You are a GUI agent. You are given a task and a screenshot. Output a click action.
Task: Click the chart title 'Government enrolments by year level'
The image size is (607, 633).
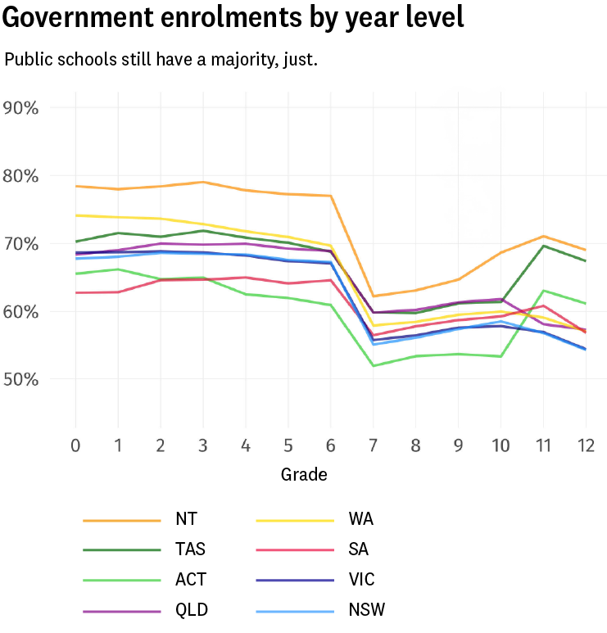(x=233, y=17)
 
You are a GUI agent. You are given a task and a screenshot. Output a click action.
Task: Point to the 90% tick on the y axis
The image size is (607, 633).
(x=27, y=107)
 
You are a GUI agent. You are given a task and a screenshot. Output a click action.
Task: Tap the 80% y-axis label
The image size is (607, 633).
(x=27, y=175)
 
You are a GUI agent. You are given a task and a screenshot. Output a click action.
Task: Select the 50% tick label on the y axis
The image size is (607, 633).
(x=27, y=379)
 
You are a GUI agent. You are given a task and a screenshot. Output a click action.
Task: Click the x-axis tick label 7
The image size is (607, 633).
(x=373, y=445)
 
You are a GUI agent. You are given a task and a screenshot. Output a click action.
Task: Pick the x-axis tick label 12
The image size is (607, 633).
(x=585, y=445)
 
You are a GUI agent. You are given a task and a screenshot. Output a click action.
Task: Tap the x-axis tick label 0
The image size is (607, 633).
(x=75, y=445)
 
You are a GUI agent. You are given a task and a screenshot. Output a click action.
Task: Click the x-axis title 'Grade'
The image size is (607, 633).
(x=304, y=474)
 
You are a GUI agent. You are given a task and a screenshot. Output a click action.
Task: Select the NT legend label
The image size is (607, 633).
(x=186, y=518)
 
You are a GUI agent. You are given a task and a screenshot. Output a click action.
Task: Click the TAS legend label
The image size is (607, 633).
(x=190, y=549)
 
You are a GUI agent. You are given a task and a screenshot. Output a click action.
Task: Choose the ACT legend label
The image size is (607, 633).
(x=191, y=580)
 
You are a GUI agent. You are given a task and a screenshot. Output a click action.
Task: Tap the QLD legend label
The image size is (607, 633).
(x=192, y=610)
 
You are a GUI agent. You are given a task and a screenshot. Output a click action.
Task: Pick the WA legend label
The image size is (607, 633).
(x=361, y=518)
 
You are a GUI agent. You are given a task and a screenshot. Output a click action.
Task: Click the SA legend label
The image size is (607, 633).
(x=359, y=549)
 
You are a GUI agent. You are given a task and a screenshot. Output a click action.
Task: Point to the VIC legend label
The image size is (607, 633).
(x=361, y=580)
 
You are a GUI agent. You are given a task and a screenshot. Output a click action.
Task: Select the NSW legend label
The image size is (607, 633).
(x=366, y=610)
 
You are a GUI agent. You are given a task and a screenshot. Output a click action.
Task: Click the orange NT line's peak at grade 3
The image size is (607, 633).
(x=203, y=182)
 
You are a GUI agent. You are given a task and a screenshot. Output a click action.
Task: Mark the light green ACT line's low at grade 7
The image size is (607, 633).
(x=373, y=365)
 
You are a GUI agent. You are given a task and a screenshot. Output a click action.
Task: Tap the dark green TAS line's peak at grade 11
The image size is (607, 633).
(x=542, y=246)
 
